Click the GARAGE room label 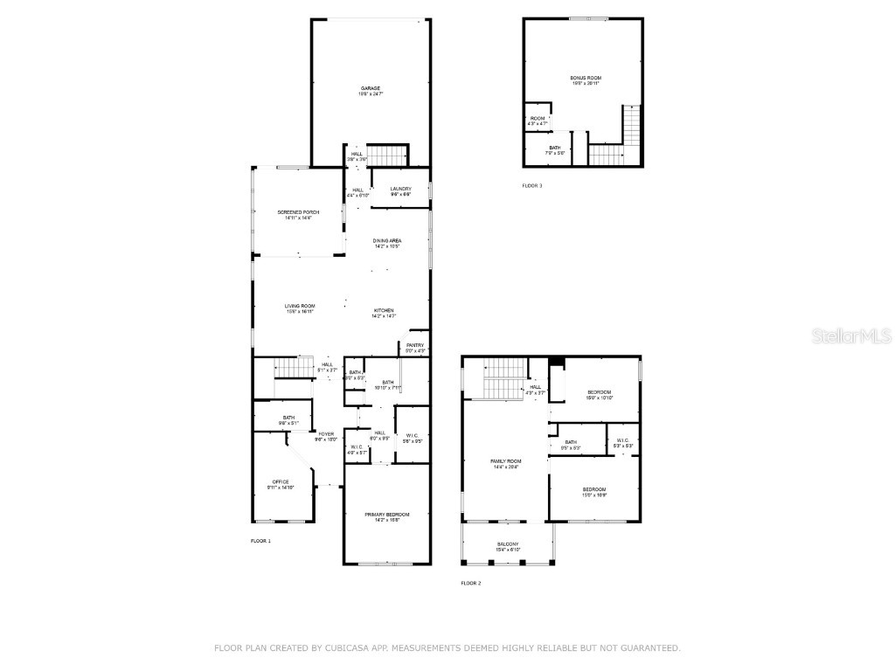click(x=371, y=88)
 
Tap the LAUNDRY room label click(x=400, y=189)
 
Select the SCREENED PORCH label click(x=298, y=212)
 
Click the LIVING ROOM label click(x=300, y=306)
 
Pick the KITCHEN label click(x=385, y=311)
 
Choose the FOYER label click(x=326, y=434)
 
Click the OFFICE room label click(x=281, y=482)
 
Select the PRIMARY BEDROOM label click(x=387, y=515)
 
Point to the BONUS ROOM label click(x=586, y=78)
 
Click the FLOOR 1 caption click(x=260, y=542)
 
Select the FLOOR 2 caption click(x=471, y=583)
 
